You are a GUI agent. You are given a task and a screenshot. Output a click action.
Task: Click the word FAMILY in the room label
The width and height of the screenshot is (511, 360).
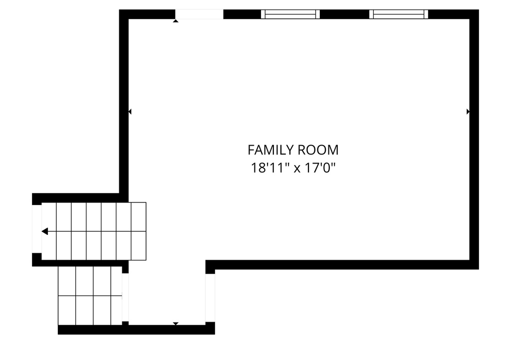(x=270, y=150)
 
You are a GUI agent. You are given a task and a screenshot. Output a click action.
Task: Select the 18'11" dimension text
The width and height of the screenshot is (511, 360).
(x=270, y=168)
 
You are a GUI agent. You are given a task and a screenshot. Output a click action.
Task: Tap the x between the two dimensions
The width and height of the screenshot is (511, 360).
(x=296, y=169)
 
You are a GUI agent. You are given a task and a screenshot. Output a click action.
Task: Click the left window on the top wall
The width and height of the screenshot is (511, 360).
(x=290, y=14)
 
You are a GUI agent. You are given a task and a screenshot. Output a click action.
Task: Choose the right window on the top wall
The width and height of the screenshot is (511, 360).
(x=399, y=14)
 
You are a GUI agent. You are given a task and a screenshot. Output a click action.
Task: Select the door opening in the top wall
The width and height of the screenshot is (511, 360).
(x=199, y=14)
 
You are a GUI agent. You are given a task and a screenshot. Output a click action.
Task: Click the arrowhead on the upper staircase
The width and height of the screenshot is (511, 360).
(x=45, y=231)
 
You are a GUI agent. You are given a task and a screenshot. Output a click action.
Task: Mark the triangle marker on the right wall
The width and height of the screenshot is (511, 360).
(x=468, y=112)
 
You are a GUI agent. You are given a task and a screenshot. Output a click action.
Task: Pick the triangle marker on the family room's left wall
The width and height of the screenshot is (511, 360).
(x=130, y=112)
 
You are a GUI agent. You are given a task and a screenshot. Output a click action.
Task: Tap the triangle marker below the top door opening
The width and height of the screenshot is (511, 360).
(x=176, y=21)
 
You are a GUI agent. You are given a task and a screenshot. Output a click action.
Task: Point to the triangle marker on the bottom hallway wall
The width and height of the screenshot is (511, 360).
(x=176, y=324)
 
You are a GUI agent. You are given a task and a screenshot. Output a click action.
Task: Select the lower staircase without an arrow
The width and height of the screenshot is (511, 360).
(x=90, y=296)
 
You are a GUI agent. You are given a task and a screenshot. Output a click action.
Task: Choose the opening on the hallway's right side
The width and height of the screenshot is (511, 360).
(x=210, y=298)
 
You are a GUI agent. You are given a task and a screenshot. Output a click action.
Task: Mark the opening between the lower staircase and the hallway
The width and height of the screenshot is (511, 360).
(x=125, y=298)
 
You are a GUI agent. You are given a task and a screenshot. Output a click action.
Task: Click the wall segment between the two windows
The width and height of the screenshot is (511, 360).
(x=344, y=14)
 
